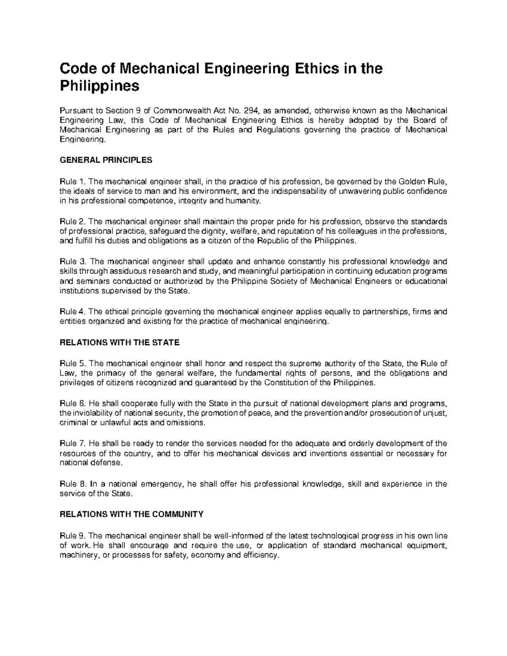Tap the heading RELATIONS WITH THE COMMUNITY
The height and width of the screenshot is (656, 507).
pyautogui.click(x=132, y=514)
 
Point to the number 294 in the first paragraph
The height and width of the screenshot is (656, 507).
pyautogui.click(x=251, y=111)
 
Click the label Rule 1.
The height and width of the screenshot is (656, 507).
pyautogui.click(x=73, y=182)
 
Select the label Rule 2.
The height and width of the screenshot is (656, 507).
pyautogui.click(x=73, y=222)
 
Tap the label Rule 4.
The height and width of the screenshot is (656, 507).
pyautogui.click(x=73, y=312)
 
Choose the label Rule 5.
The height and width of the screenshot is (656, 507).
pyautogui.click(x=73, y=363)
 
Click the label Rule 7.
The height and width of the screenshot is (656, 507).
pyautogui.click(x=73, y=444)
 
